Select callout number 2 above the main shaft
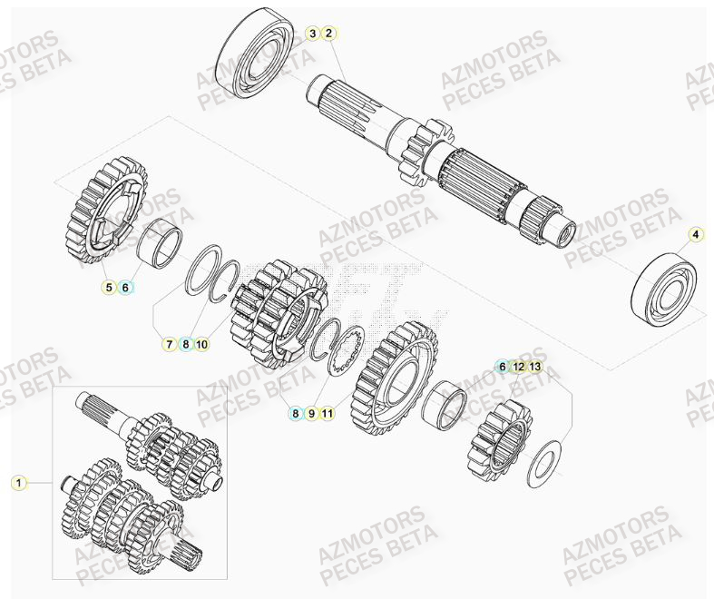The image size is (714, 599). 329,34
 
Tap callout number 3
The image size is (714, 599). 313,34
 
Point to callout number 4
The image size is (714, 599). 695,235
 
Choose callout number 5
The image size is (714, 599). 109,288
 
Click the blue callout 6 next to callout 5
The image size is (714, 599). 126,288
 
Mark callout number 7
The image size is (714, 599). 169,344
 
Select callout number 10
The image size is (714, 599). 201,344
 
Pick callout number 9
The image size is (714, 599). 311,413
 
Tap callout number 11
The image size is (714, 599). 328,413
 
